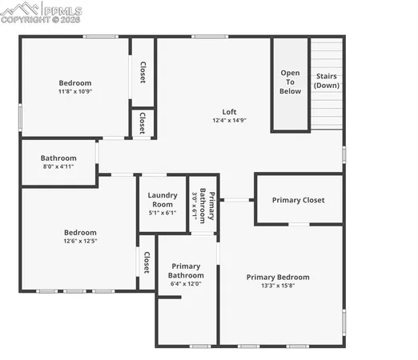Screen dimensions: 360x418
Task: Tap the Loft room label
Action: coord(229,111)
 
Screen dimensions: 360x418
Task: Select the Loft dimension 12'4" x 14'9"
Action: coord(229,121)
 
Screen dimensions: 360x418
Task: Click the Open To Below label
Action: coord(290,82)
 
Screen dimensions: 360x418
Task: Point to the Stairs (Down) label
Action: coord(327,81)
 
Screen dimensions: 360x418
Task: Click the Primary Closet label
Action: coord(298,200)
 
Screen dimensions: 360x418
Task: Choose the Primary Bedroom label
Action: coord(277,277)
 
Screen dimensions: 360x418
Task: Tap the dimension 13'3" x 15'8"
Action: coord(277,286)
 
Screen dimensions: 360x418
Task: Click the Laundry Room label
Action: coord(163,199)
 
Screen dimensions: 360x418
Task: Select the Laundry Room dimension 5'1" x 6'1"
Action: coord(163,212)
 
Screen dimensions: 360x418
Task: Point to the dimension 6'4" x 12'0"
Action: coord(186,283)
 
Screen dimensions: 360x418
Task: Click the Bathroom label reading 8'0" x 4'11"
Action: coord(58,158)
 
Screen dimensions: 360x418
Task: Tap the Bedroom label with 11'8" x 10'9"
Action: coord(75,83)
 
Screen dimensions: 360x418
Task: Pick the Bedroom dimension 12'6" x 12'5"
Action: coord(80,242)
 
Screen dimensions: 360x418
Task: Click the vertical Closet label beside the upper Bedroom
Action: coord(143,73)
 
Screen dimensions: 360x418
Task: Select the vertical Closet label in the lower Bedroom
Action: coord(147,263)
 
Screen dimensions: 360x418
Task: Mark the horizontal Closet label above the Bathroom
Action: coord(143,123)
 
